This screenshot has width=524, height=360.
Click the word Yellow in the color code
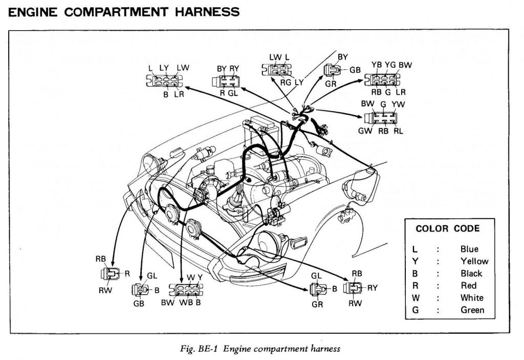tap(474, 261)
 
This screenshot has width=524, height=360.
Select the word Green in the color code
tap(472, 310)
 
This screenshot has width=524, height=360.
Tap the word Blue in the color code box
tap(469, 249)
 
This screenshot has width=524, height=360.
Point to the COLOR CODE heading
tap(447, 228)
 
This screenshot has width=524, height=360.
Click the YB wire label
tap(377, 65)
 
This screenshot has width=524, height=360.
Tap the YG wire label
tap(390, 65)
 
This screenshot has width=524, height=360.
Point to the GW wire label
tap(365, 131)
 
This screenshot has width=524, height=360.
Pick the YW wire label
tap(398, 104)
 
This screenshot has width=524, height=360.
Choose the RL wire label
tap(398, 131)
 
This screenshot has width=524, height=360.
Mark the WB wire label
tap(186, 302)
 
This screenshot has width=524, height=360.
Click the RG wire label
tap(286, 82)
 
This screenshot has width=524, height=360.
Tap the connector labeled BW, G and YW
tap(383, 118)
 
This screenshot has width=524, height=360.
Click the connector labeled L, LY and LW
tap(165, 81)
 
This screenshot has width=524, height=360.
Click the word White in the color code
tap(471, 298)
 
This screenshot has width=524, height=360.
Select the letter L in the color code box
tap(414, 249)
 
